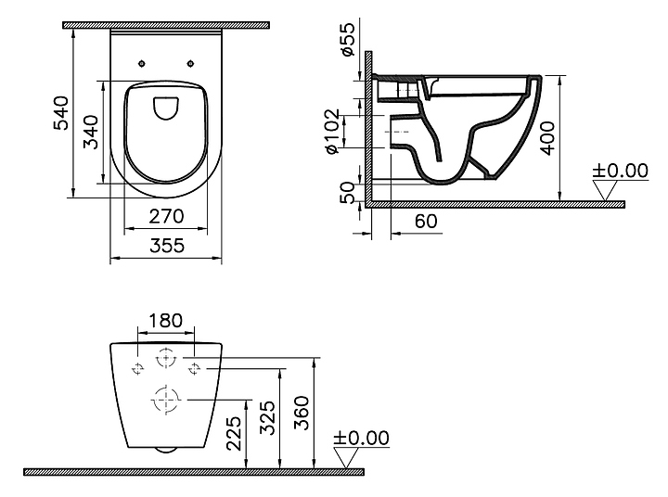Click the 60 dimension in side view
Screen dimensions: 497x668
tap(425, 223)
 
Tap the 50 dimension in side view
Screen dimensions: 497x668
tap(348, 191)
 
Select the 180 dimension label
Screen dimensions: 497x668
tap(165, 321)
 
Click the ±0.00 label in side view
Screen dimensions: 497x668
tap(620, 171)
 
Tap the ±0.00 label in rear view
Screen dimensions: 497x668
tap(361, 438)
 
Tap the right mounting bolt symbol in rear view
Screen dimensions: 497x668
tap(195, 369)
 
